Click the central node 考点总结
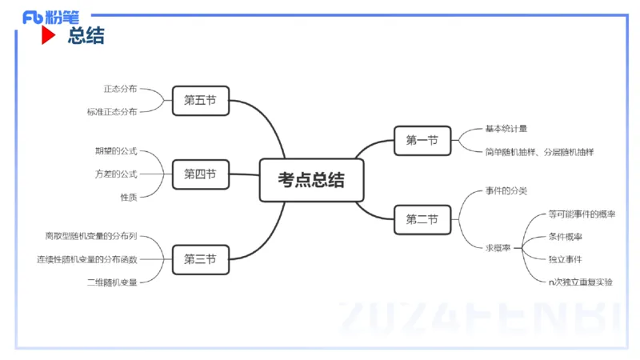pyautogui.click(x=311, y=180)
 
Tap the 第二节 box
pyautogui.click(x=422, y=219)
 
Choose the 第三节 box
pyautogui.click(x=200, y=259)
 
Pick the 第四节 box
pyautogui.click(x=200, y=174)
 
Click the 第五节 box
pyautogui.click(x=200, y=100)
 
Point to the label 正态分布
pyautogui.click(x=120, y=89)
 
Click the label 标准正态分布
pyautogui.click(x=112, y=112)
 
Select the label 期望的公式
pyautogui.click(x=116, y=151)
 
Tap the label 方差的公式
pyautogui.click(x=116, y=174)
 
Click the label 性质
pyautogui.click(x=129, y=197)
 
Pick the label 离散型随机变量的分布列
pyautogui.click(x=91, y=237)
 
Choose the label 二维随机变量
pyautogui.click(x=112, y=282)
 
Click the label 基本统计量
pyautogui.click(x=506, y=129)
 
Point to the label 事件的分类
pyautogui.click(x=506, y=191)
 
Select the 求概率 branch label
pyautogui.click(x=499, y=248)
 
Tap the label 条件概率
pyautogui.click(x=565, y=237)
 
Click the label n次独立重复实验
pyautogui.click(x=581, y=282)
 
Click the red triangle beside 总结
pyautogui.click(x=49, y=36)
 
